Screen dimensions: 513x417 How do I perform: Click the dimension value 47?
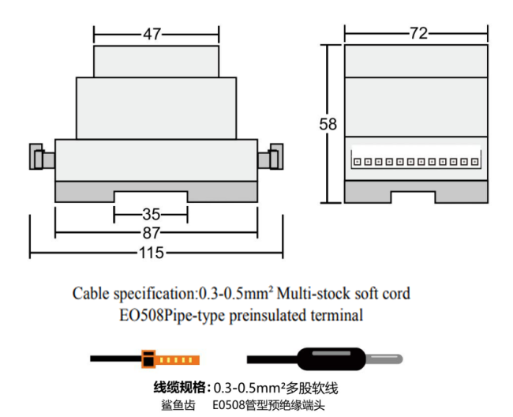pyautogui.click(x=152, y=34)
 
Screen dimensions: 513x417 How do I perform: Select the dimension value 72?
pyautogui.click(x=419, y=33)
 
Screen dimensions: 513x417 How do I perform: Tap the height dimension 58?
pyautogui.click(x=328, y=124)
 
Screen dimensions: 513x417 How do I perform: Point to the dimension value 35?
pyautogui.click(x=152, y=215)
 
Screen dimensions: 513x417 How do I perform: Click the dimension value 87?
pyautogui.click(x=152, y=233)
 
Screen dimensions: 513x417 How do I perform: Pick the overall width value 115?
pyautogui.click(x=152, y=253)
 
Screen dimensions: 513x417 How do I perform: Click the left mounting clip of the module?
pyautogui.click(x=42, y=156)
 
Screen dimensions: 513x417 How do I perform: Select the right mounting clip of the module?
pyautogui.click(x=271, y=156)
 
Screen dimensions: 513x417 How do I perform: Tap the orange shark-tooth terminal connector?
pyautogui.click(x=170, y=359)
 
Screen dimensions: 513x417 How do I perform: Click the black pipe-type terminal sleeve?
pyautogui.click(x=331, y=359)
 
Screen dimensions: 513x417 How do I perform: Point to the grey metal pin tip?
pyautogui.click(x=384, y=359)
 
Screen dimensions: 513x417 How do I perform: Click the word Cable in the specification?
pyautogui.click(x=91, y=293)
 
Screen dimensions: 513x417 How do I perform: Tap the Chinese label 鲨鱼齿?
pyautogui.click(x=178, y=405)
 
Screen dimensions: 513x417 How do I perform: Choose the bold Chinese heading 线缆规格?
pyautogui.click(x=181, y=388)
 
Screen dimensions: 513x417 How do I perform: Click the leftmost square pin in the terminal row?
pyautogui.click(x=358, y=162)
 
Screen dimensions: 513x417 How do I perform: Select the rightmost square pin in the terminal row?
pyautogui.click(x=474, y=162)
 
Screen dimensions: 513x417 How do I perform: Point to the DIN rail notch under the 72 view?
pyautogui.click(x=414, y=197)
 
